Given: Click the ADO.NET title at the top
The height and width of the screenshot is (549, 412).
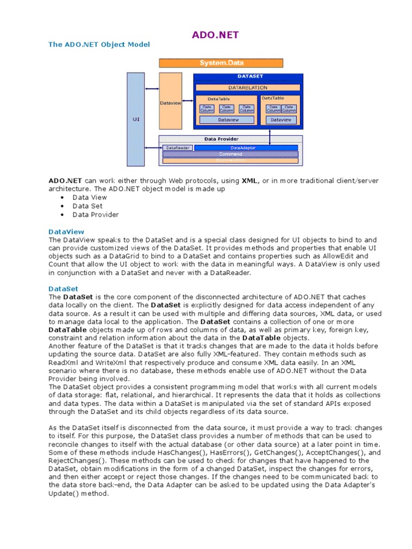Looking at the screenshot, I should click(x=216, y=35).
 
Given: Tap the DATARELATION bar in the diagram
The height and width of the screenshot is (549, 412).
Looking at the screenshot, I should click(x=247, y=87).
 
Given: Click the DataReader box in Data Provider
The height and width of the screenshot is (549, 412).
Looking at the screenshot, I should click(x=176, y=147).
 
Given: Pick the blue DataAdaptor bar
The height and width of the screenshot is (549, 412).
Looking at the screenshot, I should click(x=246, y=147).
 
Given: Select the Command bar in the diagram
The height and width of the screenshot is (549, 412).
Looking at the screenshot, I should click(x=230, y=154).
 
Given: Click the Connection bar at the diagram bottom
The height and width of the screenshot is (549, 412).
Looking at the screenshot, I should click(x=230, y=160).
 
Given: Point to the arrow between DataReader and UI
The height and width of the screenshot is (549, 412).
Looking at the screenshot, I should click(x=152, y=147).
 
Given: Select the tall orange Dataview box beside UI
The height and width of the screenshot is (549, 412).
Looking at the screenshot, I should click(x=170, y=102).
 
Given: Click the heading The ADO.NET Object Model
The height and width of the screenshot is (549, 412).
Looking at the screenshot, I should click(x=99, y=44).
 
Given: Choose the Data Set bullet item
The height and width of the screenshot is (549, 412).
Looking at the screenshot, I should click(x=87, y=206).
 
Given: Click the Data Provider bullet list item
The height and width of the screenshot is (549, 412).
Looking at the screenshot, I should click(x=95, y=214).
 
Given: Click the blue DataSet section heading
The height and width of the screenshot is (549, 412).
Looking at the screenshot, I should click(x=63, y=288).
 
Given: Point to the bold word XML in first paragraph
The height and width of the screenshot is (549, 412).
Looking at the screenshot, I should click(x=249, y=181).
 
